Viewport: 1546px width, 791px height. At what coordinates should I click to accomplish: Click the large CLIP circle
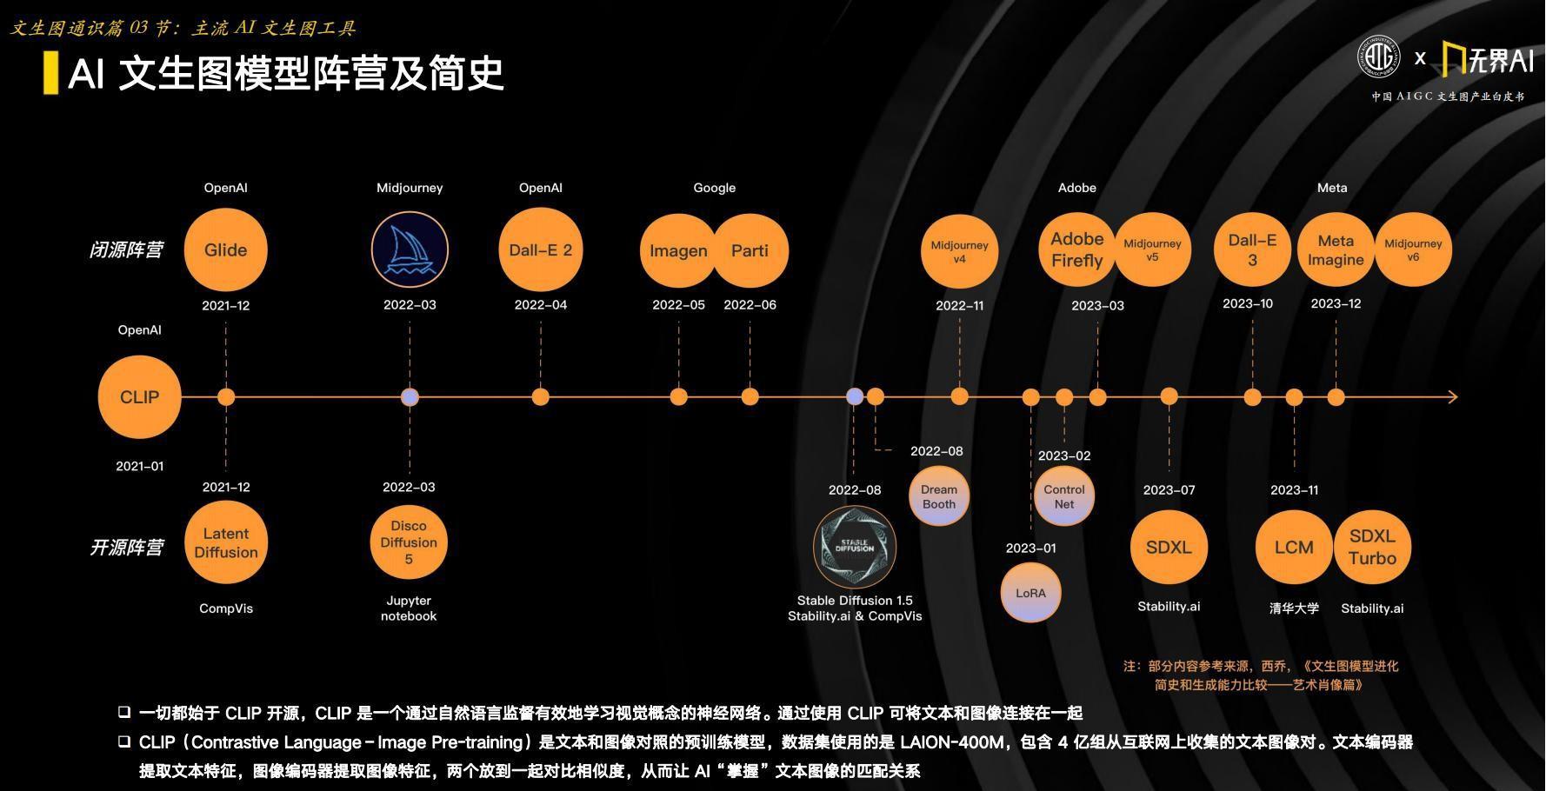tap(139, 397)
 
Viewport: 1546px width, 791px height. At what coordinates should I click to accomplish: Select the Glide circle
tap(226, 250)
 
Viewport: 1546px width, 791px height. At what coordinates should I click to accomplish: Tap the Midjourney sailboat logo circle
tap(410, 250)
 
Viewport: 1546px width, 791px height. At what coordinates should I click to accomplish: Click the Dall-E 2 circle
tap(541, 250)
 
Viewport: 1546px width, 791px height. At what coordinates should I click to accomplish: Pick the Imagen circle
tap(678, 250)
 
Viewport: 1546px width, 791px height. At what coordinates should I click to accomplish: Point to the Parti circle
tap(750, 250)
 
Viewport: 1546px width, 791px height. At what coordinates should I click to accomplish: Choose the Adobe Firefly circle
tap(1076, 249)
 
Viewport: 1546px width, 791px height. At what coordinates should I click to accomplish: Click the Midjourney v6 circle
tap(1413, 249)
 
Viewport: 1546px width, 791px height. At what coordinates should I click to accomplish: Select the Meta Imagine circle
tap(1336, 249)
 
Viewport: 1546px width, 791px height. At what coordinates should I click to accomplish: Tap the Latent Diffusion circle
tap(226, 542)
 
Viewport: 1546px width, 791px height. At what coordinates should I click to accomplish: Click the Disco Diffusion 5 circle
tap(409, 542)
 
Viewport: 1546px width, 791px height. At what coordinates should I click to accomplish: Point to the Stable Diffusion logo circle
tap(855, 547)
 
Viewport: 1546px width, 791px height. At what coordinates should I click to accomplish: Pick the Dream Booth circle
tap(939, 496)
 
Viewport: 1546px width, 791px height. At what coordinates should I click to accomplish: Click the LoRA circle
tap(1030, 593)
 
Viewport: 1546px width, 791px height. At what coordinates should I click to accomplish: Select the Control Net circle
tap(1064, 496)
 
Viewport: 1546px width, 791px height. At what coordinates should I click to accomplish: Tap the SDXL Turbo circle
tap(1372, 547)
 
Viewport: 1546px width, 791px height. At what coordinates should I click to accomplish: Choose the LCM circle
tap(1294, 547)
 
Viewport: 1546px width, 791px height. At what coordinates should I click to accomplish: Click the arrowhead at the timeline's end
tap(1453, 397)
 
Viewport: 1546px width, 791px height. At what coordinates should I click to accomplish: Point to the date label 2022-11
tap(959, 306)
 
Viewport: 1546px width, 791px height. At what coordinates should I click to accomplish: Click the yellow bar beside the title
tap(50, 73)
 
